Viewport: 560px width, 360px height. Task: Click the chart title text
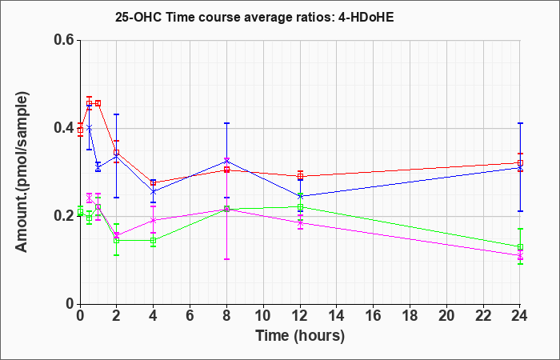(x=254, y=17)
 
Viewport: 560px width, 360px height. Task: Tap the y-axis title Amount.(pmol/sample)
(x=22, y=172)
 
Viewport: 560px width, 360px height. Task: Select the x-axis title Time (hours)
(x=300, y=336)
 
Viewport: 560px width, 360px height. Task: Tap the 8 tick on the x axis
(x=226, y=316)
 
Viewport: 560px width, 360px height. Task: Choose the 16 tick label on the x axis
(x=374, y=316)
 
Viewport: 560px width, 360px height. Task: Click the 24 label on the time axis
(x=520, y=316)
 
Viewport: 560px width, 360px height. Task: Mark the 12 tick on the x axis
(x=300, y=316)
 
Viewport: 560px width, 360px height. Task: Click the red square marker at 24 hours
(x=520, y=163)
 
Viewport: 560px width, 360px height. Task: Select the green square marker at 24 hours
(x=520, y=246)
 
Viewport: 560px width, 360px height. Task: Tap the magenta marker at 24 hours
(x=520, y=255)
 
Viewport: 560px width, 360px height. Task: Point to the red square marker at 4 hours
(x=154, y=183)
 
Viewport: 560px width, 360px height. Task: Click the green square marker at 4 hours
(x=154, y=240)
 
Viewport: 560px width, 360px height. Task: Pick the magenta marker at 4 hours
(x=154, y=220)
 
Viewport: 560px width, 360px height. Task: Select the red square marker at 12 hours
(x=300, y=176)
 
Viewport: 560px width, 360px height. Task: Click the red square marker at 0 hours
(x=80, y=130)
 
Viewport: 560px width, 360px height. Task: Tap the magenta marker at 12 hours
(x=300, y=223)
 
